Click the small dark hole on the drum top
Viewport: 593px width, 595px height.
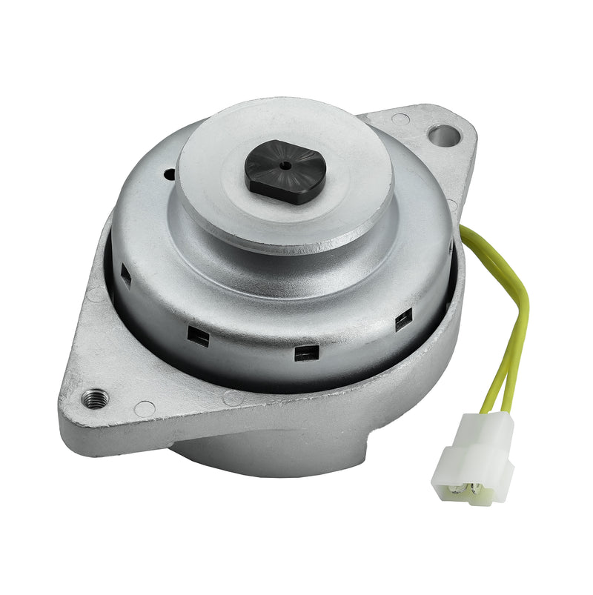[x=170, y=175]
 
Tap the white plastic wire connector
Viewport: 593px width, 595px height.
[x=474, y=456]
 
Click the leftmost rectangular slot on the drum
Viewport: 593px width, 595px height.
[x=126, y=278]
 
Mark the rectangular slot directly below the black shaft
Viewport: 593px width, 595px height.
[x=305, y=353]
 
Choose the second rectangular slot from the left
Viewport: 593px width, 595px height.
[x=199, y=336]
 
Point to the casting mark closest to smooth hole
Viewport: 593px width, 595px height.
[x=400, y=119]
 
